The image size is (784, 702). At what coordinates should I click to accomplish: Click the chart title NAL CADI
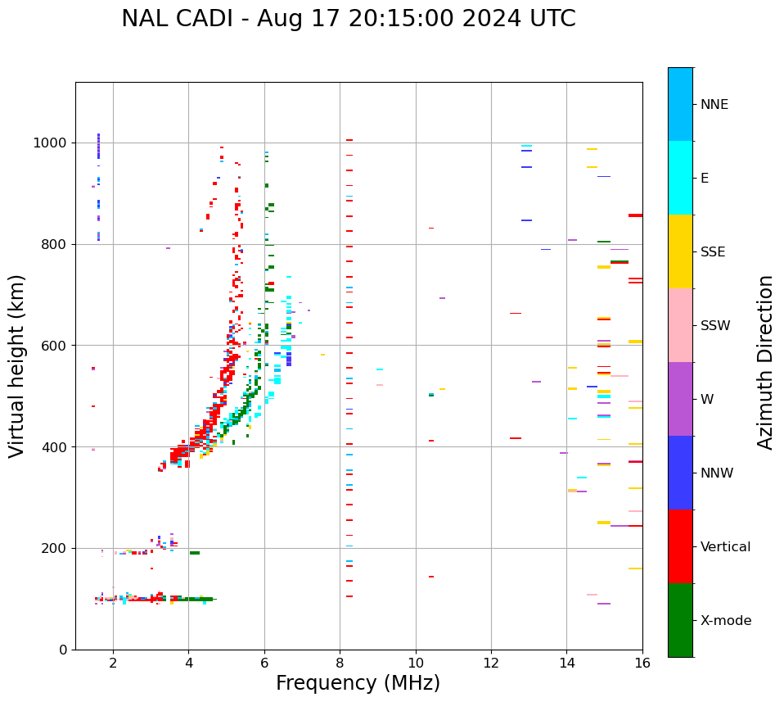348,19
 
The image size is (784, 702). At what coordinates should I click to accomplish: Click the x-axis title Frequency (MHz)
358,683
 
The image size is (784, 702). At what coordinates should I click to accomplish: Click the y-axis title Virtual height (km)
17,366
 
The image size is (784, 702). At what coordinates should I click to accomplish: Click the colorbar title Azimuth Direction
765,362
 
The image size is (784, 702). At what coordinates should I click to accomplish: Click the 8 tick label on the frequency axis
340,663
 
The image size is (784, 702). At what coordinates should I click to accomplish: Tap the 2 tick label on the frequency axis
113,663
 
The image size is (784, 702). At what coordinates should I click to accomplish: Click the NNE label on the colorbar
714,105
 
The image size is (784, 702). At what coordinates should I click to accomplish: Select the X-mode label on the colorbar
726,621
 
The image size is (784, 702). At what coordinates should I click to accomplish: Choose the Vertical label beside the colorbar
726,547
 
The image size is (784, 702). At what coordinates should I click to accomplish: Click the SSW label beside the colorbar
715,326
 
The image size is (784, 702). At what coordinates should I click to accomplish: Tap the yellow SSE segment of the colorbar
680,251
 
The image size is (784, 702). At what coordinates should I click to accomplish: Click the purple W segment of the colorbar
680,399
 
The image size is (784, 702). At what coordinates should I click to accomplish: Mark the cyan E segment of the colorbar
680,178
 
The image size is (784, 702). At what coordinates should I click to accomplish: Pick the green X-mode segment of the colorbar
680,620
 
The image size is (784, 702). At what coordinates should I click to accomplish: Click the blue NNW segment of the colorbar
680,473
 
